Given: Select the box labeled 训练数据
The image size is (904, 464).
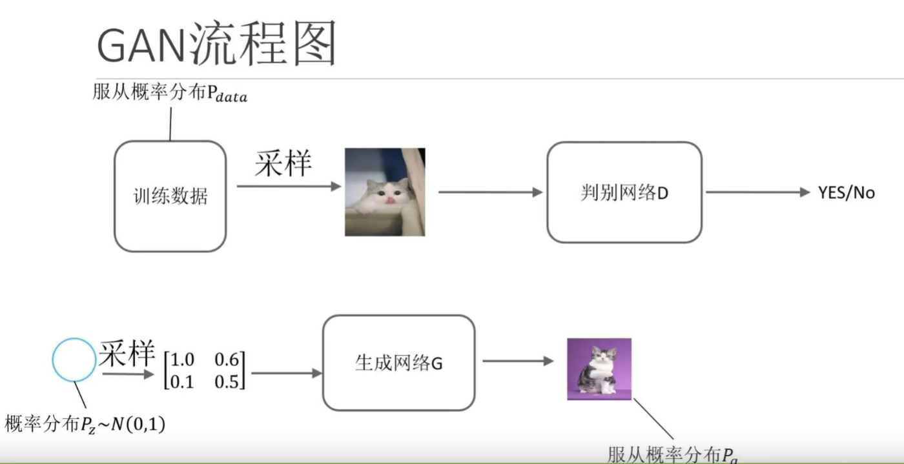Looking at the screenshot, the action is pos(170,196).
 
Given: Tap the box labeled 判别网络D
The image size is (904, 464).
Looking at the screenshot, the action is pos(624,192).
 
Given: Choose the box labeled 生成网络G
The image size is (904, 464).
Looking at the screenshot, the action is pos(398,363).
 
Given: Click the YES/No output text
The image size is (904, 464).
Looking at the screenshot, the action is pos(847,192).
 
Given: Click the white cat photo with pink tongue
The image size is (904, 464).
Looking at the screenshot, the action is pos(385,192).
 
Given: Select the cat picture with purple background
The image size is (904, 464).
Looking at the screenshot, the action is pos(599,368).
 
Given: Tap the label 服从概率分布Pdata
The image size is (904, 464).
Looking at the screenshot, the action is pos(170,95).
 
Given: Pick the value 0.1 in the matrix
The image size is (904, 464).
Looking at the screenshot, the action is pos(184,381).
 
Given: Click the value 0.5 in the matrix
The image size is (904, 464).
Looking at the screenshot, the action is pos(227,381).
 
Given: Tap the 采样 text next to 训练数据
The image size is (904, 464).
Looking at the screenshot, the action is pos(283,165).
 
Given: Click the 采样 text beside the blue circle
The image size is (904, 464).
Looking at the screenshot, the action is pos(127,354).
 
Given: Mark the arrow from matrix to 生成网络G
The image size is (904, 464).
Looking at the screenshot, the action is pos(286,373).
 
